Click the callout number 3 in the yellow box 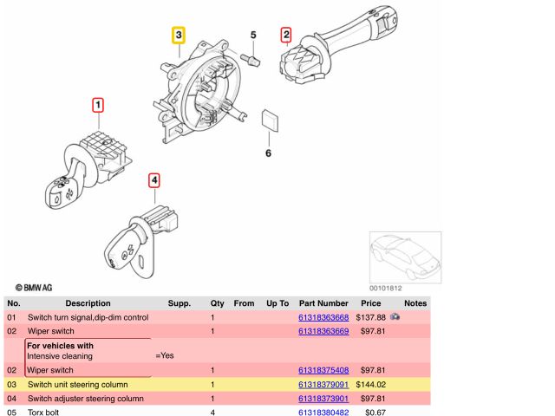[x=178, y=36]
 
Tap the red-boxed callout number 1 [x=98, y=107]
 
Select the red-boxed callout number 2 [x=285, y=35]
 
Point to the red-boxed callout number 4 [x=153, y=180]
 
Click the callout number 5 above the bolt [x=254, y=36]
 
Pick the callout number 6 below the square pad [x=268, y=153]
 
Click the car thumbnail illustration [x=404, y=256]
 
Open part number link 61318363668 [x=323, y=318]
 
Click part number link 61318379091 [x=323, y=384]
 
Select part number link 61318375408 [x=323, y=370]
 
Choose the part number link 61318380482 [x=323, y=413]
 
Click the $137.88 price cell [x=370, y=318]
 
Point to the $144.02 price [x=370, y=384]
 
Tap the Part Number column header [x=323, y=303]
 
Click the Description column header [x=88, y=303]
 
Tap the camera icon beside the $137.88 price [x=395, y=318]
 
